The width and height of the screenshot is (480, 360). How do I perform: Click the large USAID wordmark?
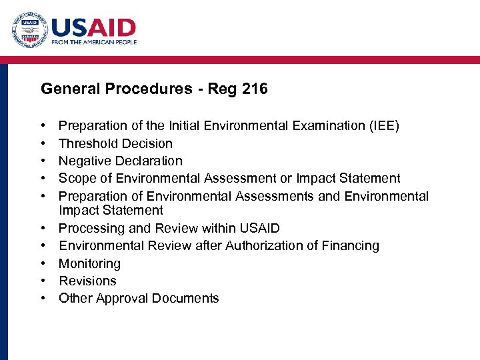pyautogui.click(x=94, y=27)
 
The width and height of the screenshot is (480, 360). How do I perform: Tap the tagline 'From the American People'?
pyautogui.click(x=94, y=42)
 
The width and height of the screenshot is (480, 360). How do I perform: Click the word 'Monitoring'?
pyautogui.click(x=90, y=263)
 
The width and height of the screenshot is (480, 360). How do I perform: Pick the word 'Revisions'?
pyautogui.click(x=87, y=281)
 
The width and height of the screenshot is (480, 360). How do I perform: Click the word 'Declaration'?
pyautogui.click(x=150, y=161)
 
